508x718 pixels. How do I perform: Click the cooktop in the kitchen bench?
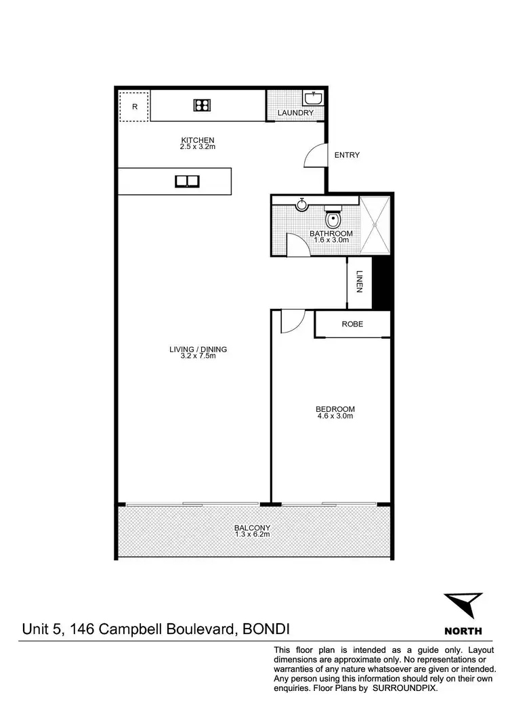tap(202, 104)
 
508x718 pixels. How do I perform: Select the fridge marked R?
tap(134, 106)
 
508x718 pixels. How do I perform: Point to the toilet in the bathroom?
tap(332, 218)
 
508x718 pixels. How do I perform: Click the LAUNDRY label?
tap(296, 112)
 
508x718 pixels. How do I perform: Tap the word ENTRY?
tap(347, 155)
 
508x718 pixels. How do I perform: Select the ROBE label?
tap(352, 324)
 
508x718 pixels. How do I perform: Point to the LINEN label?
tap(360, 282)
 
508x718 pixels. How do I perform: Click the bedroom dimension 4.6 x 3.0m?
tap(335, 416)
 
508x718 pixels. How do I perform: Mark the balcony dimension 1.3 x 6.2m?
tap(252, 534)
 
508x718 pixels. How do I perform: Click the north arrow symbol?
tap(463, 605)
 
